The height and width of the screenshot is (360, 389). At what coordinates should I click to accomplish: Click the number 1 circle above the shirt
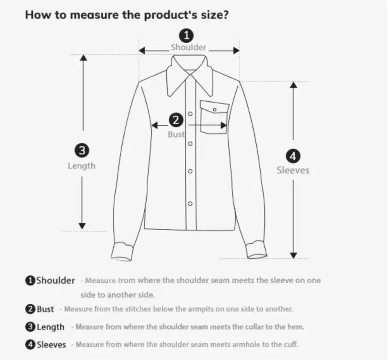coord(187,35)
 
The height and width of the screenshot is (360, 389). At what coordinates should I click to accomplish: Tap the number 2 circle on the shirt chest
coord(176,120)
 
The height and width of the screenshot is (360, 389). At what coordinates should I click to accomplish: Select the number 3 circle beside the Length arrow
coord(82,150)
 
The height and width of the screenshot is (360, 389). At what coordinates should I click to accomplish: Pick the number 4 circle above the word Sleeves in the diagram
coord(293,156)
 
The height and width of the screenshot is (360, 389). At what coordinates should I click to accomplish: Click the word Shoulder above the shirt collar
coord(188,47)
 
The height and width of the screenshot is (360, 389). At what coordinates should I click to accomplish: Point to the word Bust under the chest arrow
coord(176,135)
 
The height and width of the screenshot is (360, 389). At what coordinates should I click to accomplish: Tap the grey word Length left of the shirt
coord(82,165)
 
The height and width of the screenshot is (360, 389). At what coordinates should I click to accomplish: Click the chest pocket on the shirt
coord(214,118)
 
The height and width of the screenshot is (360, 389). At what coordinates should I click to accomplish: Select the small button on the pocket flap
coord(215,109)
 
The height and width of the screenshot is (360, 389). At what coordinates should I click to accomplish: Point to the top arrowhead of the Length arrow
coord(83,58)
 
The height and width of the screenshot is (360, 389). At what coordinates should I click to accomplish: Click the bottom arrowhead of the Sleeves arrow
coord(293,255)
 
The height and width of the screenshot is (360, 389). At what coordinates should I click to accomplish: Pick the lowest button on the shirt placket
coord(190,203)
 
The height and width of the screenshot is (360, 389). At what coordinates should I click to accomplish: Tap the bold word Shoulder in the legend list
coord(55,281)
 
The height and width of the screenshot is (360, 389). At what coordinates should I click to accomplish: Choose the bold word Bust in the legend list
coord(45,309)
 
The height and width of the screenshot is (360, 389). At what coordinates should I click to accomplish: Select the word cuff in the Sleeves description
coord(290,345)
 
